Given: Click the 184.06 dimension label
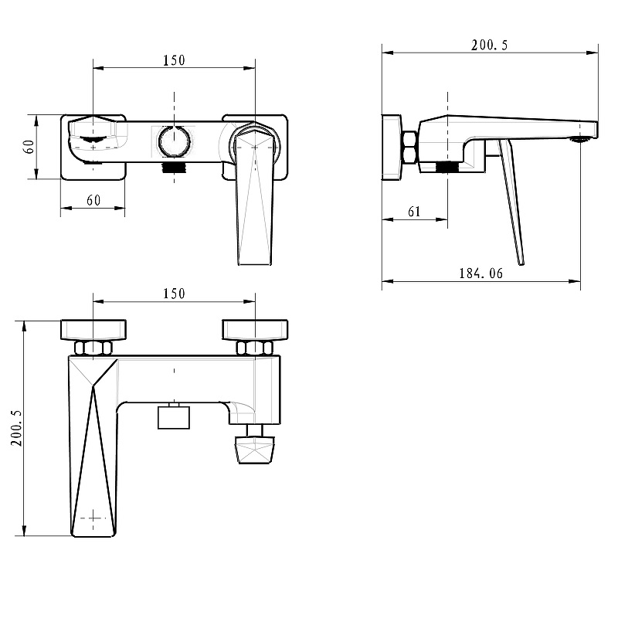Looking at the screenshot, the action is click(x=480, y=273).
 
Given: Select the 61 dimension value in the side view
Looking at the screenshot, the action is click(x=414, y=212).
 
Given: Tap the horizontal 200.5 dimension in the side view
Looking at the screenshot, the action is click(x=490, y=46).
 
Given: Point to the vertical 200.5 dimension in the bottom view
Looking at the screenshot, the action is click(x=16, y=428).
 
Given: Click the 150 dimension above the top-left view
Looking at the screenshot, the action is click(x=174, y=60).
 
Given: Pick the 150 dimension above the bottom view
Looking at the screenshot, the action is click(x=174, y=294).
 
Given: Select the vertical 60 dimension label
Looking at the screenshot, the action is click(x=29, y=147).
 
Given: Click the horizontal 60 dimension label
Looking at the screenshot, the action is click(x=93, y=200).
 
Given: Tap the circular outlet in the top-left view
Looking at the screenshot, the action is click(x=174, y=141).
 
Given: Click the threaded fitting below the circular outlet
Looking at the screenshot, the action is click(x=174, y=166).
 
